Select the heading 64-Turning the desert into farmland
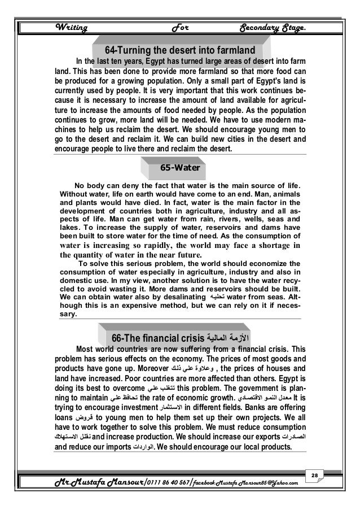pos(179,47)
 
